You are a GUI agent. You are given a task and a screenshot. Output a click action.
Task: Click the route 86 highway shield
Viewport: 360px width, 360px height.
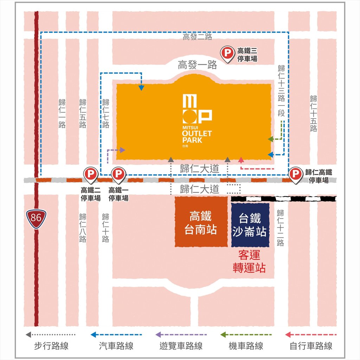pyautogui.click(x=36, y=218)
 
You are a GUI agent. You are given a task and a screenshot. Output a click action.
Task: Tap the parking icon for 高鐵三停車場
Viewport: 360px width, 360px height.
pyautogui.click(x=227, y=54)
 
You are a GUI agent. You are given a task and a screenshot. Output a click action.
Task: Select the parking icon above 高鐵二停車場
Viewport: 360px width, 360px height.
pyautogui.click(x=90, y=174)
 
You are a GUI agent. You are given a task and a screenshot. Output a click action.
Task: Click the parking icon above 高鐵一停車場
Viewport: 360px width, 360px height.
pyautogui.click(x=118, y=174)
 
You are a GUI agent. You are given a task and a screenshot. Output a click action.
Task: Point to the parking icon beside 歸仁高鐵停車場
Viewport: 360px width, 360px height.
pyautogui.click(x=296, y=174)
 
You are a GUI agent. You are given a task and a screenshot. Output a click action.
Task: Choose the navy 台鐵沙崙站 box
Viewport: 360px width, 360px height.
pyautogui.click(x=250, y=225)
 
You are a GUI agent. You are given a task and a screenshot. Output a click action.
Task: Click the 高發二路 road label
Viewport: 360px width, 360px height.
pyautogui.click(x=197, y=37)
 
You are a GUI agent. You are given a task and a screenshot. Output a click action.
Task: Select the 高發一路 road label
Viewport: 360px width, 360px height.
pyautogui.click(x=197, y=65)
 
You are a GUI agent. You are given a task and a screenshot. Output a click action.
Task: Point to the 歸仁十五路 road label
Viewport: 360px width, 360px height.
pyautogui.click(x=314, y=113)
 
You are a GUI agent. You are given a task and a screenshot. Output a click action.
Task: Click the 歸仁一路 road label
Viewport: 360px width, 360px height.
pyautogui.click(x=62, y=113)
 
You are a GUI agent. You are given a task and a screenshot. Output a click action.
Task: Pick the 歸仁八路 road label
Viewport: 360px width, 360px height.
pyautogui.click(x=83, y=227)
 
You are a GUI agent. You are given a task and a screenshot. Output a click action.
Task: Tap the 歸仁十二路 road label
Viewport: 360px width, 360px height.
pyautogui.click(x=280, y=227)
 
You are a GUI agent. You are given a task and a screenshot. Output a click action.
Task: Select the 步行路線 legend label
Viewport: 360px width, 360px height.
pyautogui.click(x=51, y=346)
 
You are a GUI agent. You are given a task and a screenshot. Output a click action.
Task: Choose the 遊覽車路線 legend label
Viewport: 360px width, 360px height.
pyautogui.click(x=181, y=346)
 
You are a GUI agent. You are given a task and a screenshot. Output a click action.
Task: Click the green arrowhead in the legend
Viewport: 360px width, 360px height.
pyautogui.click(x=223, y=335)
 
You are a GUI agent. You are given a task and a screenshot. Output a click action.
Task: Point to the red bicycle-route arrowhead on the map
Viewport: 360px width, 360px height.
pyautogui.click(x=241, y=160)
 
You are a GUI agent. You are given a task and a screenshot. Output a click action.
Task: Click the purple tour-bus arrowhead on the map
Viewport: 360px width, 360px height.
pyautogui.click(x=123, y=150)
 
